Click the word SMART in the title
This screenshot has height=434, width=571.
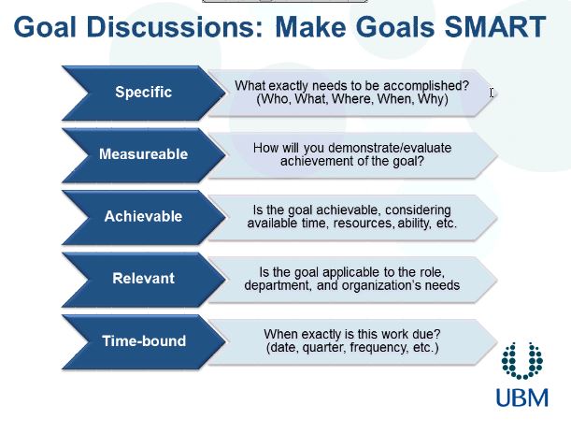click(495, 26)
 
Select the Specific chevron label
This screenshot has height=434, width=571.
click(144, 92)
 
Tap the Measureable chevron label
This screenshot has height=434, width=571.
click(144, 153)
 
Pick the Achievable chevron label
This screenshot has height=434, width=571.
click(144, 216)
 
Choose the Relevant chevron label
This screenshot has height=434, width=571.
click(144, 279)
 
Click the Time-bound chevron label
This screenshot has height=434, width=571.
click(144, 341)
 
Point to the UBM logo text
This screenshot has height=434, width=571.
click(522, 398)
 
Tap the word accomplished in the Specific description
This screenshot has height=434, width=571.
click(426, 86)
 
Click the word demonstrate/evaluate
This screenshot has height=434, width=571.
click(390, 148)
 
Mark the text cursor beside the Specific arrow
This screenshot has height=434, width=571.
click(492, 93)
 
